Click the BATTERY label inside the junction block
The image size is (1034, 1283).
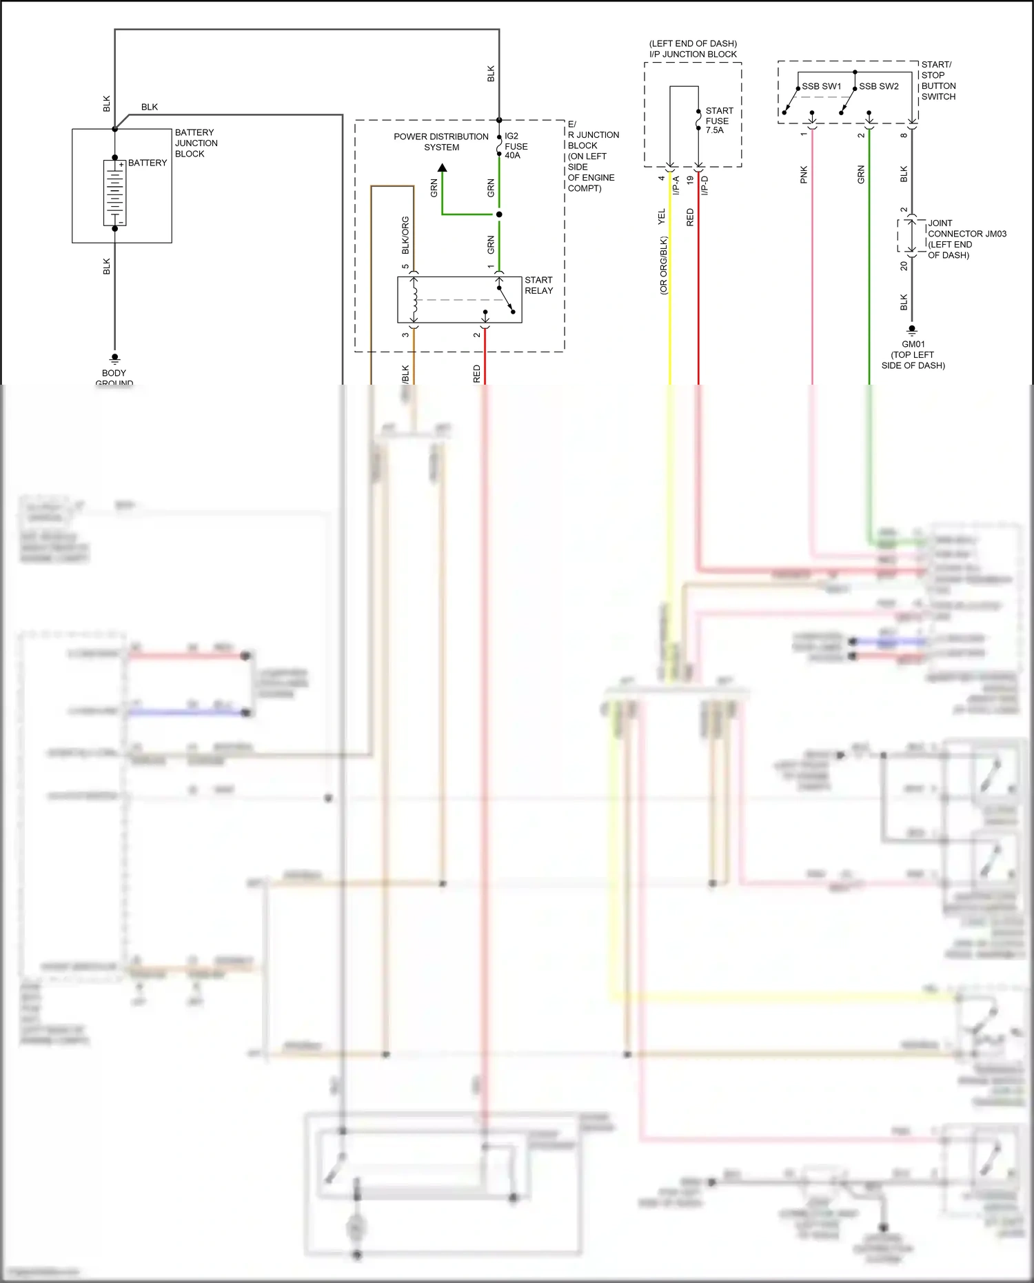(148, 163)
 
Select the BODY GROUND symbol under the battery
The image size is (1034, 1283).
(115, 358)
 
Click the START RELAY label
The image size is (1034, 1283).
(538, 285)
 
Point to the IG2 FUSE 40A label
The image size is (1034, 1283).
(516, 145)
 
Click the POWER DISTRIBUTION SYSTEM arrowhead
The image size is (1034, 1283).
(443, 168)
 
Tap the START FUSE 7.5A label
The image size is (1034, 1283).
(718, 120)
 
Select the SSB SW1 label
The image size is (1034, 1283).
(821, 86)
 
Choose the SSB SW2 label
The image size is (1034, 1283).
(878, 86)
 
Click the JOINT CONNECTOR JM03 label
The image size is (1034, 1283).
(966, 234)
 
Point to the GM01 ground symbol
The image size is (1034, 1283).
(912, 330)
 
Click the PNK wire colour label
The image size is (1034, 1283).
(804, 174)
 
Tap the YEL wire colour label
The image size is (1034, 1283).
(662, 216)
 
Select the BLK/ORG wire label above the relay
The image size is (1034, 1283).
(405, 234)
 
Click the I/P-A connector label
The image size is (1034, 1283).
(676, 185)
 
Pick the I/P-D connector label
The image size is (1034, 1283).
(704, 185)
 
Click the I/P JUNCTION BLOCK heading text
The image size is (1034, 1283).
(693, 54)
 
